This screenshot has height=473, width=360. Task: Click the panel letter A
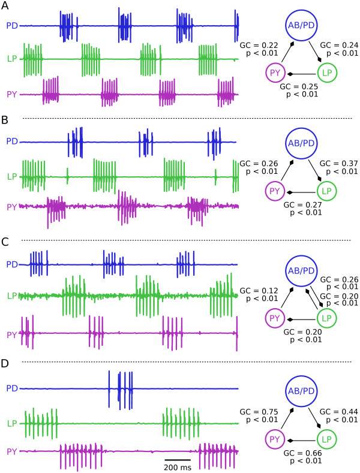tap(5, 5)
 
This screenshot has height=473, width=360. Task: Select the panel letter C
tap(5, 244)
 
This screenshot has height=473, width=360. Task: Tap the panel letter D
tap(5, 364)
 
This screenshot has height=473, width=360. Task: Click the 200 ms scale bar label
tap(178, 466)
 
